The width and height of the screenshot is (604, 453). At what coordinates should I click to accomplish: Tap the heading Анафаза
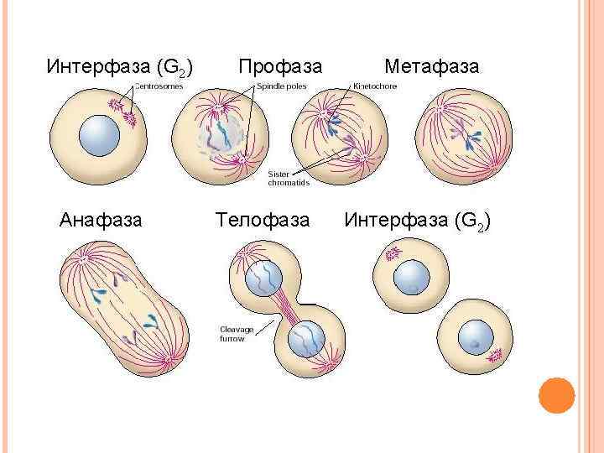coord(101,221)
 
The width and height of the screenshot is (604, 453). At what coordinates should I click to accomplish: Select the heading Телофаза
coord(262,221)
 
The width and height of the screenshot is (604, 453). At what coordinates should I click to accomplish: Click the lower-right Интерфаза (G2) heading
coord(417,221)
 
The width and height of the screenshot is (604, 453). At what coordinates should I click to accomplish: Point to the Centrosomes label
coord(159,86)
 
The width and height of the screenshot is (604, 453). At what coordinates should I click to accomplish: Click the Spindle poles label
coord(281,86)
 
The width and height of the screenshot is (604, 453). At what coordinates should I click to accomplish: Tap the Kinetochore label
coord(375,86)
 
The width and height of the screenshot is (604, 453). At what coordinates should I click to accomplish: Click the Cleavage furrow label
coord(237,334)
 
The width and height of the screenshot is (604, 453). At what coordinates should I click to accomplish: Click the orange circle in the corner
coord(555,394)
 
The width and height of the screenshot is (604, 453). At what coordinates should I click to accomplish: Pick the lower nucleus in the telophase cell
coord(306,341)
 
